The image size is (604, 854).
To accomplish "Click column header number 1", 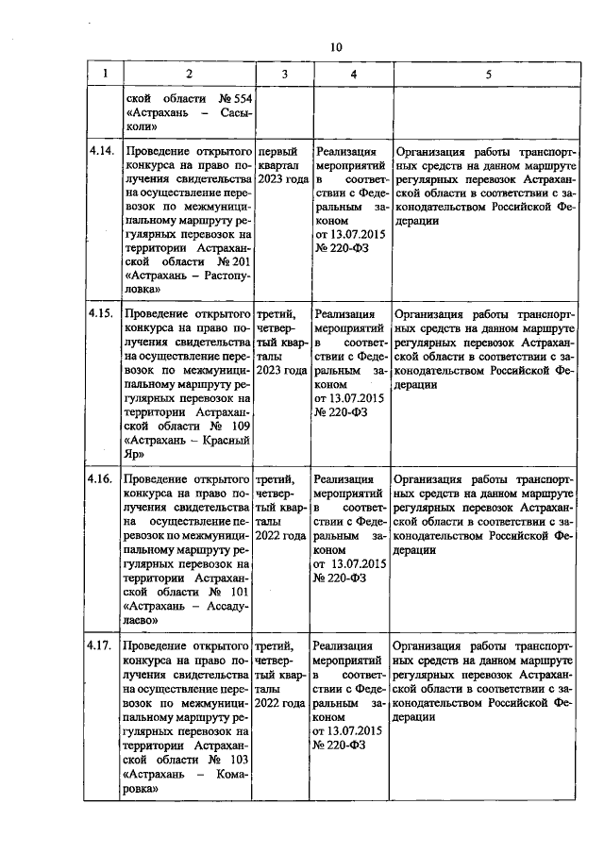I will [105, 74].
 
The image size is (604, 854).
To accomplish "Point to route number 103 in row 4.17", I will [236, 758].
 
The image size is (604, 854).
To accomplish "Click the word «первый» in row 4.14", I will [277, 151].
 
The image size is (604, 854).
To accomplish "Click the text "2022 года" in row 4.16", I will [281, 535].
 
